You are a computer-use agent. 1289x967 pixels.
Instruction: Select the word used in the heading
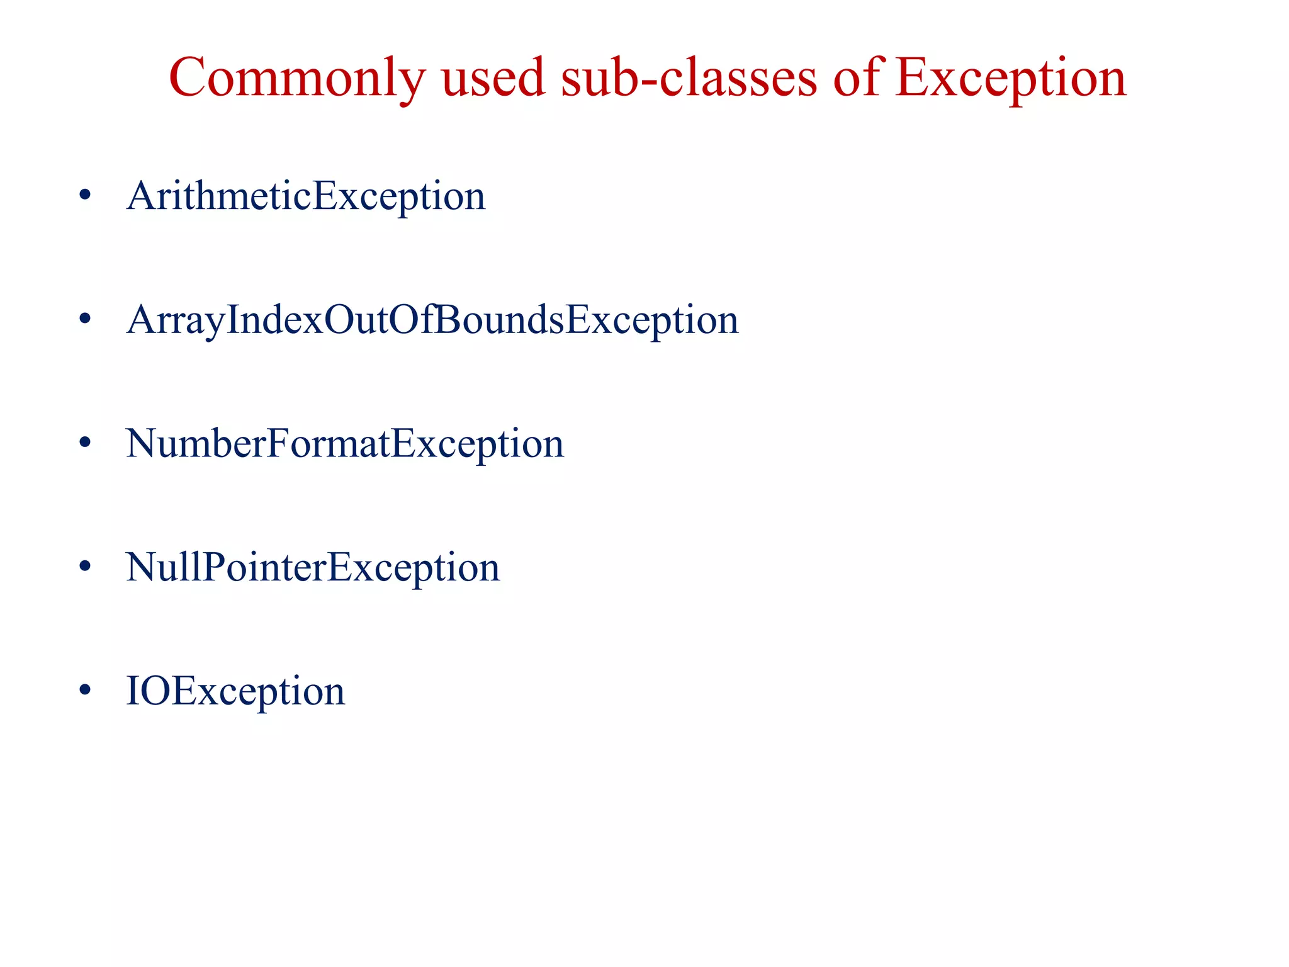[493, 79]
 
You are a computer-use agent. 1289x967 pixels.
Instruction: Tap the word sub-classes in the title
[689, 79]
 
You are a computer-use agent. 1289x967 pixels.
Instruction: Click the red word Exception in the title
[1010, 79]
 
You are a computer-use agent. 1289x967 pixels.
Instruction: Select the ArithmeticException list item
[306, 196]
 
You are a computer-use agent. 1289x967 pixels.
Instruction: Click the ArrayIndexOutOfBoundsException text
[432, 320]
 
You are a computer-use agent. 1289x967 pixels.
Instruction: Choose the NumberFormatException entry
[345, 444]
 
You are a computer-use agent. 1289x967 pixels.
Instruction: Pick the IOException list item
[235, 691]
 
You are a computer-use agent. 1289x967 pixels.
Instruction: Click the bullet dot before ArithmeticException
[85, 195]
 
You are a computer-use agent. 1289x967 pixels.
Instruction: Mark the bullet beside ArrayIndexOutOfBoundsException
[85, 319]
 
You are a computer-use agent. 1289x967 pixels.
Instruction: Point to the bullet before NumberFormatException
[85, 443]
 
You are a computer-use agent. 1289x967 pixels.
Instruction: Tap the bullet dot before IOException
[85, 690]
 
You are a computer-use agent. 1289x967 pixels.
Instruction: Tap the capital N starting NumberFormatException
[141, 444]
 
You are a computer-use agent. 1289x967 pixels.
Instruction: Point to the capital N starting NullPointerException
[141, 567]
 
